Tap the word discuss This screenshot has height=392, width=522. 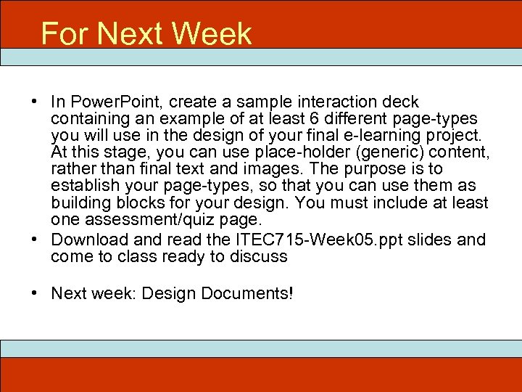coord(257,256)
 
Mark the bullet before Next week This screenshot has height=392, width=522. coord(35,293)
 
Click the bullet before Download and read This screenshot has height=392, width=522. coord(35,239)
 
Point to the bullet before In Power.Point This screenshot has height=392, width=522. coord(35,102)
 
